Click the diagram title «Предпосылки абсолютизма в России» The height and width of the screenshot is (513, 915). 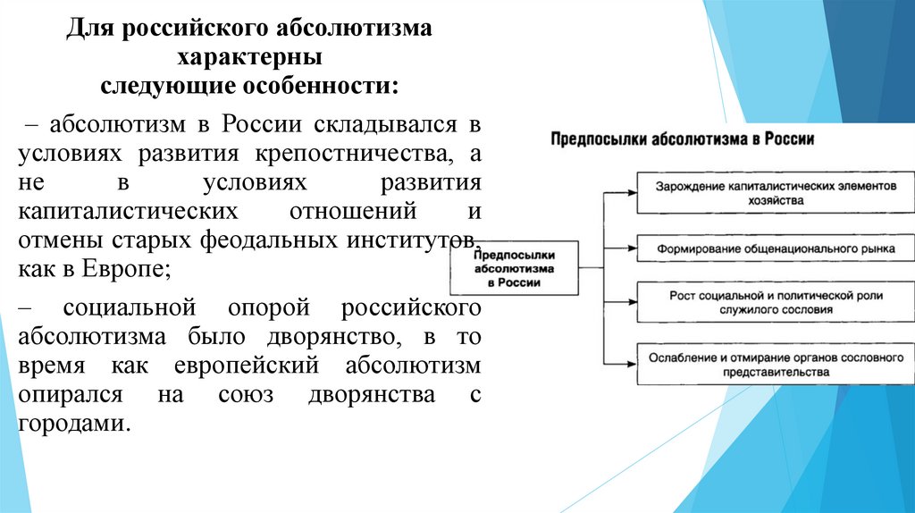pyautogui.click(x=681, y=140)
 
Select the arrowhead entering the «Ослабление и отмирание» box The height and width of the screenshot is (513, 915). pyautogui.click(x=632, y=363)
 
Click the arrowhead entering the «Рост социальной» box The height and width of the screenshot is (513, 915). pyautogui.click(x=632, y=301)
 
